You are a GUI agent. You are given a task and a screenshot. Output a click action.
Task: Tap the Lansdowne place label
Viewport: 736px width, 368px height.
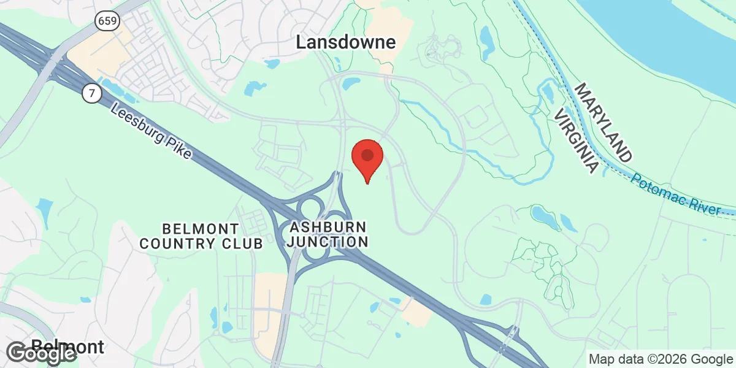tap(345, 42)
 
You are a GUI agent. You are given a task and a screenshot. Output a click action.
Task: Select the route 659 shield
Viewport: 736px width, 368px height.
tap(107, 21)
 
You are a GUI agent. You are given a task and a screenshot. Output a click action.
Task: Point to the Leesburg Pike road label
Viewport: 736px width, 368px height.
tap(151, 131)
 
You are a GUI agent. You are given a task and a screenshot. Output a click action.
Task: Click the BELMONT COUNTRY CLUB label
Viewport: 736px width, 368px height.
tap(201, 236)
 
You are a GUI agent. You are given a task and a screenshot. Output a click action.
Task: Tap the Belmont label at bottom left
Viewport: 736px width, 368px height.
tap(67, 347)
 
